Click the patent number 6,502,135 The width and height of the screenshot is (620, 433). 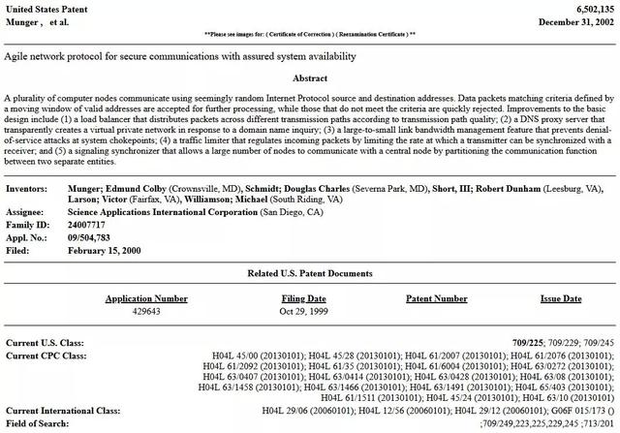(592, 8)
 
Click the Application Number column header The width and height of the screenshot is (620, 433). (146, 299)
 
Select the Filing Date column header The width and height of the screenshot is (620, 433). (303, 299)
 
